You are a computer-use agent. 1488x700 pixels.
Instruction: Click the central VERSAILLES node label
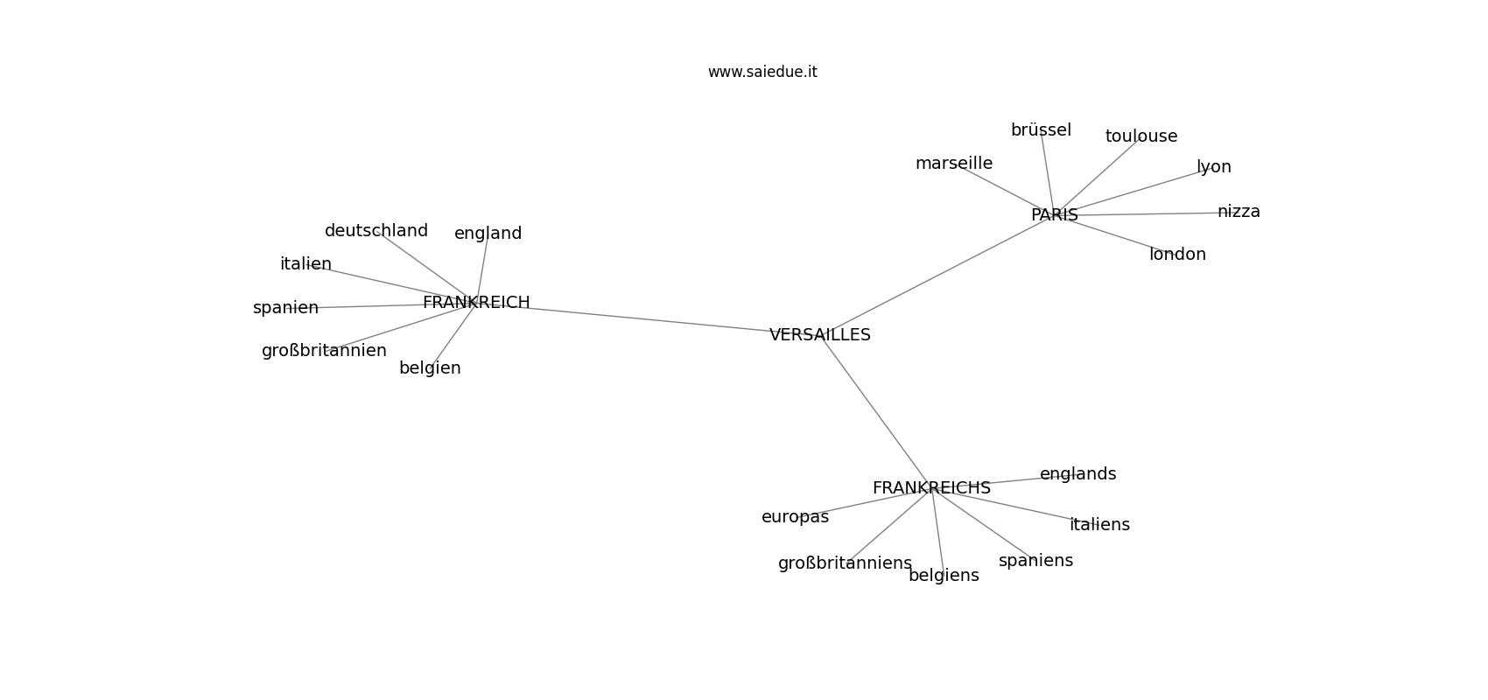820,335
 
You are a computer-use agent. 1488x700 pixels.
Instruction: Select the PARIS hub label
1054,215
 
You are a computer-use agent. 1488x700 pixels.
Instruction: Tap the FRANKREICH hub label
476,303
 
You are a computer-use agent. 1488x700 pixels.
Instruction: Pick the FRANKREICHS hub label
931,488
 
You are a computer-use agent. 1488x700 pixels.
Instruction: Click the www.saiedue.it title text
762,72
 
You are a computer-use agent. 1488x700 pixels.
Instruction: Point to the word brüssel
1041,130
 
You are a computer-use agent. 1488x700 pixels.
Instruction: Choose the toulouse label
1141,136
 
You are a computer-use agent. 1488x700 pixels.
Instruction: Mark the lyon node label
1214,167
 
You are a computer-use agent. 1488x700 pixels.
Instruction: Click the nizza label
1239,211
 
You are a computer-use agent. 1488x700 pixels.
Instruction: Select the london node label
1178,255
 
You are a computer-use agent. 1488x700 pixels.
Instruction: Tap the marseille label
954,164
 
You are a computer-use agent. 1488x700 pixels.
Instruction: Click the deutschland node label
376,231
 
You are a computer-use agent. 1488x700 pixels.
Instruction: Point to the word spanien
285,308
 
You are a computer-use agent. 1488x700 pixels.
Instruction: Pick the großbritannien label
324,351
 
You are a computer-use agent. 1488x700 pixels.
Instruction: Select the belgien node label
430,368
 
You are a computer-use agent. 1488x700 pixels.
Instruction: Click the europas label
795,517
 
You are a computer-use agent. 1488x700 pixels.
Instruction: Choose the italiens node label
1099,525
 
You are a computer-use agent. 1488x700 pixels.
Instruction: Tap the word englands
1077,474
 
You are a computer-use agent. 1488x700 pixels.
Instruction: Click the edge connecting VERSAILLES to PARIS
937,275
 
